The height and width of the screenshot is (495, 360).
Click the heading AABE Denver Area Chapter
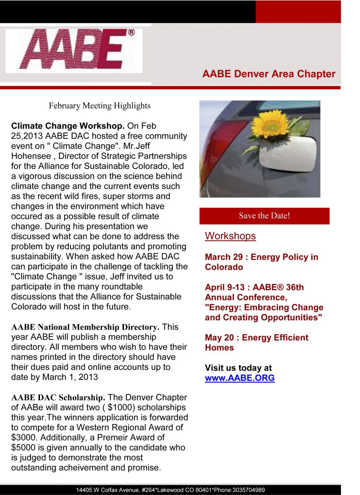click(268, 74)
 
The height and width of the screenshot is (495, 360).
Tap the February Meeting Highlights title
click(99, 106)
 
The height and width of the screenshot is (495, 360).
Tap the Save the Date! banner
click(264, 216)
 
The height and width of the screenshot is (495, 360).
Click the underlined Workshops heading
click(230, 236)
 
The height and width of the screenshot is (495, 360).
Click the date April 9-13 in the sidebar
click(226, 287)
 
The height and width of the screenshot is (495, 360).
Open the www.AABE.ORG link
click(240, 378)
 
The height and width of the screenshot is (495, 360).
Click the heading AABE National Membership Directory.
click(85, 327)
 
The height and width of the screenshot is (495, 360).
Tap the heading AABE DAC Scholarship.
click(58, 398)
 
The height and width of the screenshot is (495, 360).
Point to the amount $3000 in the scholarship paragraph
click(23, 438)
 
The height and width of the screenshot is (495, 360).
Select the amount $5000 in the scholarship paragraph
click(23, 448)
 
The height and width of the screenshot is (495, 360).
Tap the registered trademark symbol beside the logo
click(132, 32)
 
